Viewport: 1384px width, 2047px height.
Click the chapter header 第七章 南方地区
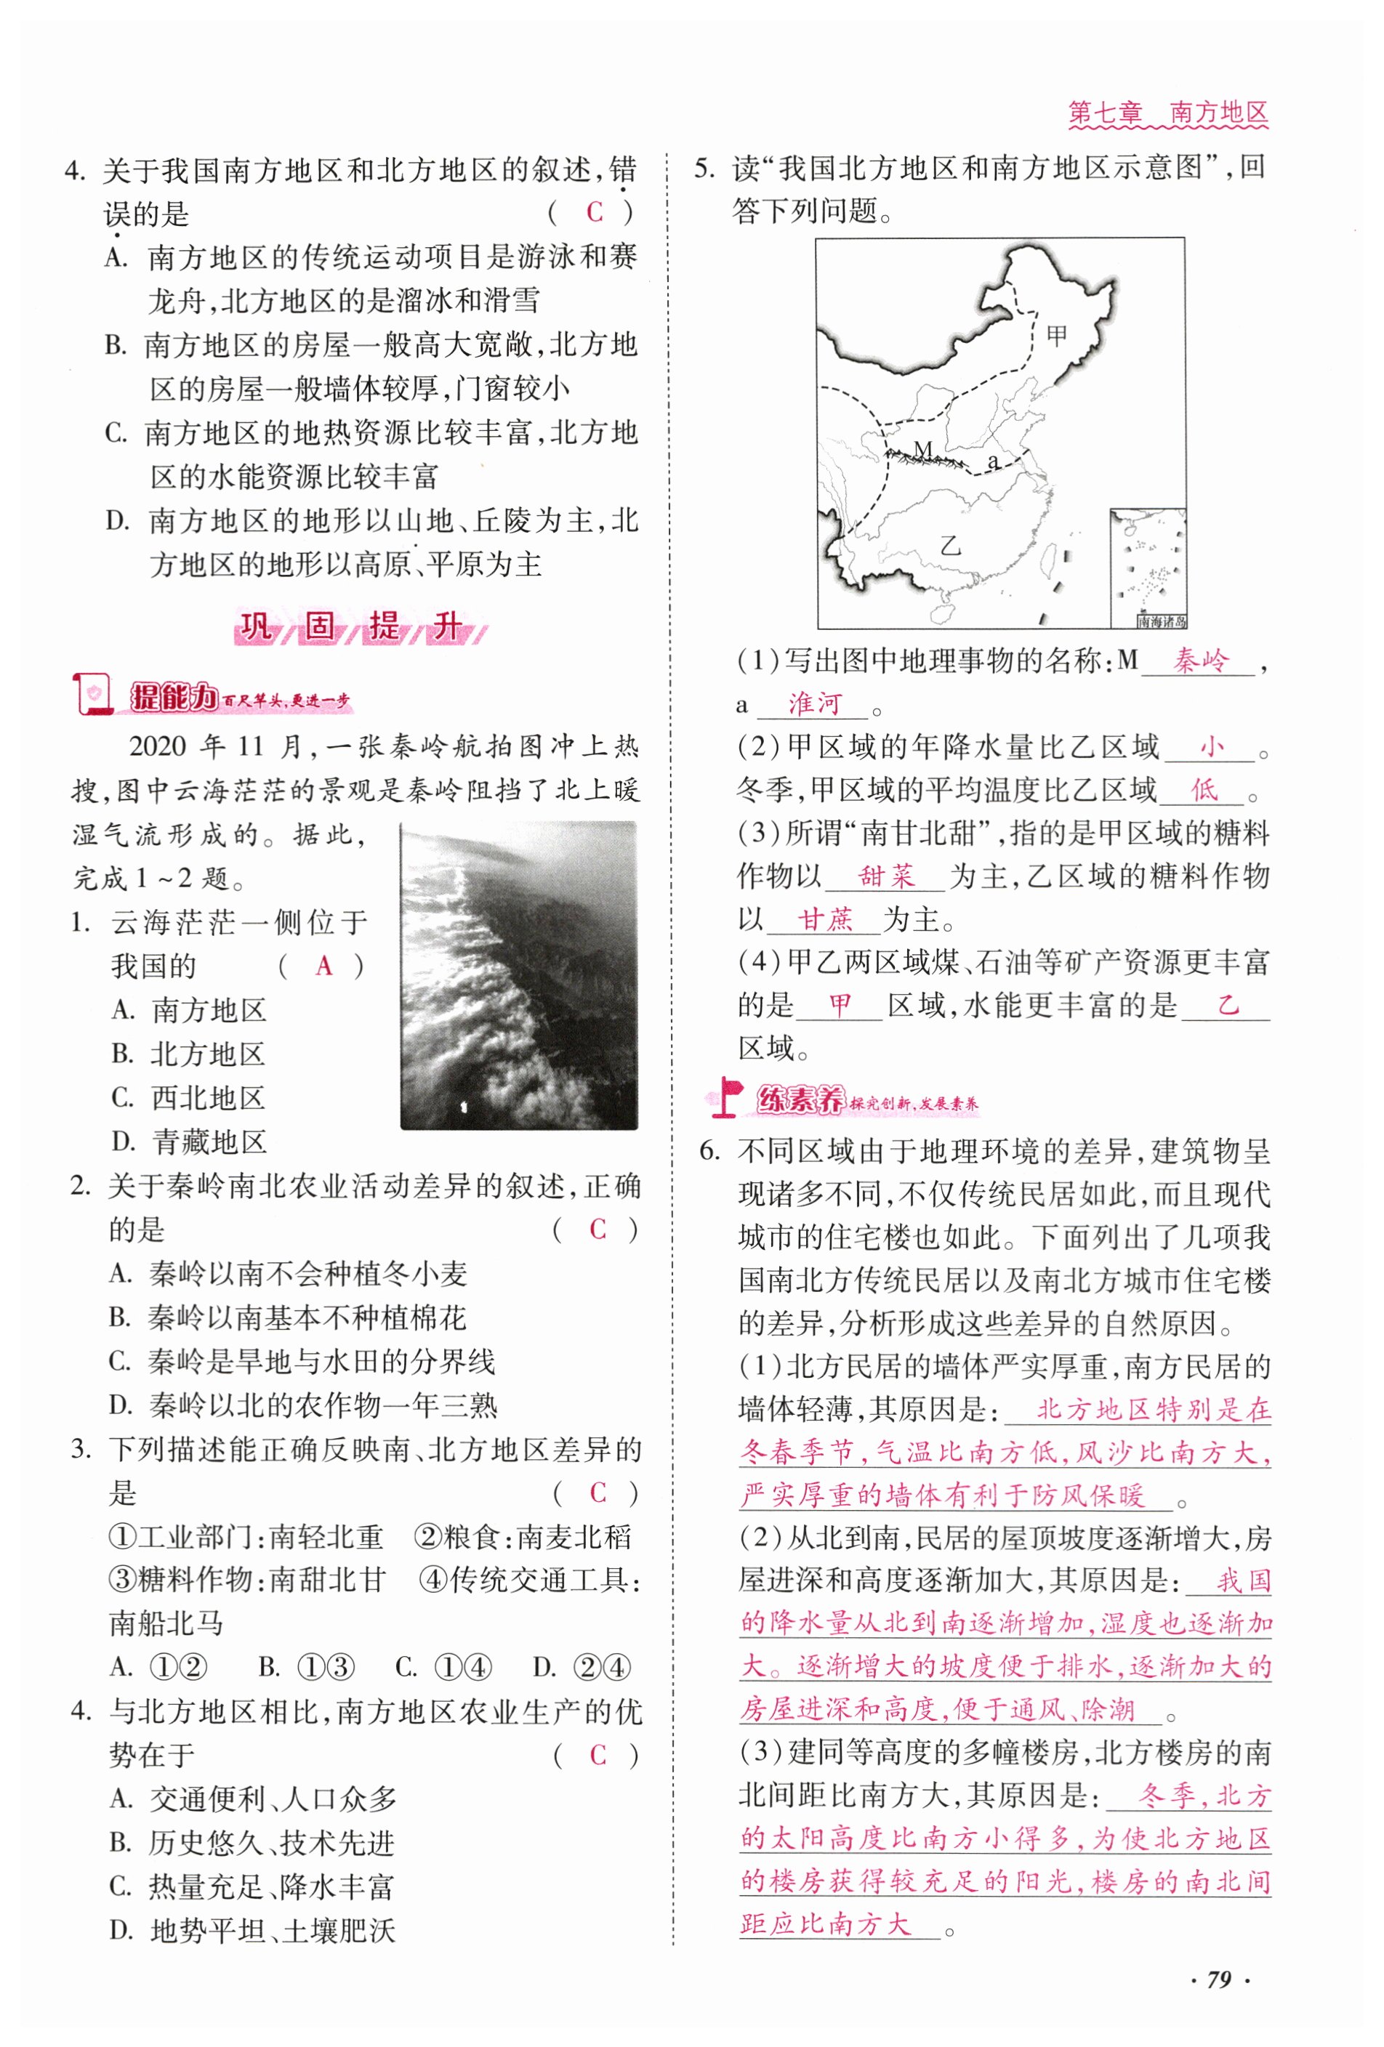[1167, 113]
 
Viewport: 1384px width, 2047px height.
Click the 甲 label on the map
[1055, 335]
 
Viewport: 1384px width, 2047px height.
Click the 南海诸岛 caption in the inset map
[1160, 622]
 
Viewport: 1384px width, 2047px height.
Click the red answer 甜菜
[886, 876]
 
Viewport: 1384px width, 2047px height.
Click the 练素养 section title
[799, 1099]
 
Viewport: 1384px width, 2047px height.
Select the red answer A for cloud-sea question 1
[323, 966]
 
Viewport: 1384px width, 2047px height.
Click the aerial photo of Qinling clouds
[518, 975]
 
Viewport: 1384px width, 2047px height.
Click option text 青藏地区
[209, 1142]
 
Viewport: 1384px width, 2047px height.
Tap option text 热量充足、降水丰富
[270, 1886]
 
